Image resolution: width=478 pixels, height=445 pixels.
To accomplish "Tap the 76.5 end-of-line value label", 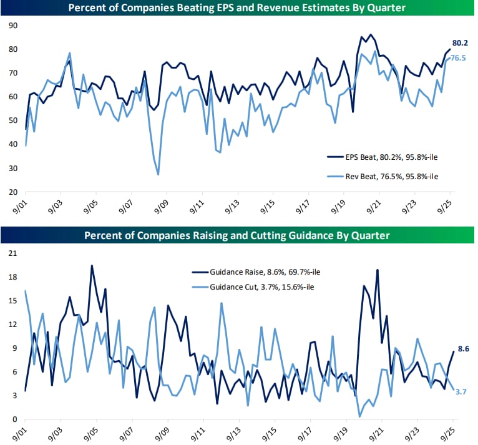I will (x=459, y=58).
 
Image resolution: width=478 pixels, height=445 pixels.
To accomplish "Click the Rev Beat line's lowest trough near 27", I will (x=158, y=175).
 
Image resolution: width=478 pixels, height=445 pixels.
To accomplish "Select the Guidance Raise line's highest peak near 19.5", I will (x=92, y=265).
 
